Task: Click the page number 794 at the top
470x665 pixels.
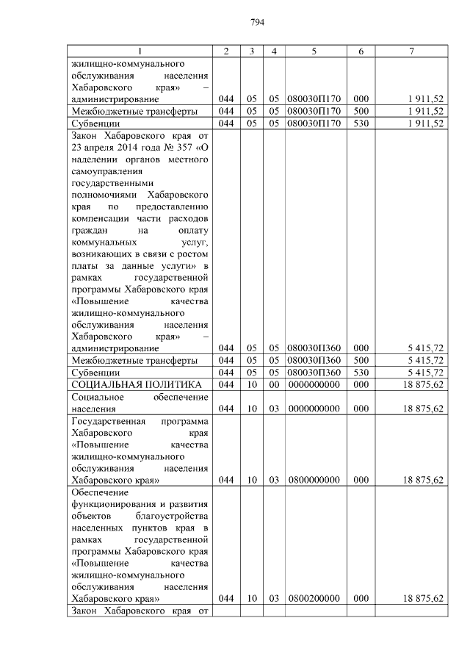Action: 256,22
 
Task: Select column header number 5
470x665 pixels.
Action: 314,51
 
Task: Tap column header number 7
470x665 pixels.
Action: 412,51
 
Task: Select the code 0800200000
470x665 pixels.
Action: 314,599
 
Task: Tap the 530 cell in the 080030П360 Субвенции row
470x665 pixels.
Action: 361,372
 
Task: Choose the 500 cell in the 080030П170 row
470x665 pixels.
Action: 361,111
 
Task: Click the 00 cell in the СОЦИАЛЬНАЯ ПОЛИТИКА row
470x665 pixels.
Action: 273,384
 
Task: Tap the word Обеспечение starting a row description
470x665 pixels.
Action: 100,492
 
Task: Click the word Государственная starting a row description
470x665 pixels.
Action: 106,421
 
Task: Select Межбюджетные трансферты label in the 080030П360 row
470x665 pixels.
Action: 134,360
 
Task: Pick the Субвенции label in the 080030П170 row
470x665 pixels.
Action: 94,123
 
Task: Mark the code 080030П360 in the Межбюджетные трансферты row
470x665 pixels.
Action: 314,360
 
